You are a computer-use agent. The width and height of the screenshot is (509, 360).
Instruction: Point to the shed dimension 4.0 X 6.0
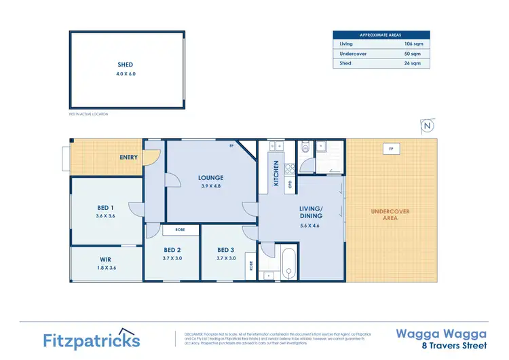[127, 73]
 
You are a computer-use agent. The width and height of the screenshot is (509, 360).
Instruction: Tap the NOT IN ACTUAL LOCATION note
[88, 114]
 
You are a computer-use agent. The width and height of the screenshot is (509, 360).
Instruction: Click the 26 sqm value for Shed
[413, 63]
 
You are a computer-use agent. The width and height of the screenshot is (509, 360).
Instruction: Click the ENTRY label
[128, 158]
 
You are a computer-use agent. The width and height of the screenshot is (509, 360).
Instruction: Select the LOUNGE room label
[210, 178]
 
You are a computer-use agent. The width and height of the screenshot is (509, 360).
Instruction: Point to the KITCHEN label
[276, 173]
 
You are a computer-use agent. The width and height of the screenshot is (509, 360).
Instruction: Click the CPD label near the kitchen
[290, 183]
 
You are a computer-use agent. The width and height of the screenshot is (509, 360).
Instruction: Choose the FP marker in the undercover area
[390, 147]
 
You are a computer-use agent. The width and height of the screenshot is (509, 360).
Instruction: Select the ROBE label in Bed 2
[180, 230]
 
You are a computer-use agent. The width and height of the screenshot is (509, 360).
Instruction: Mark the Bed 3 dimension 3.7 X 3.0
[226, 258]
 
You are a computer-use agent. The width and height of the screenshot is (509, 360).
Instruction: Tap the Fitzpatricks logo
[91, 340]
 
